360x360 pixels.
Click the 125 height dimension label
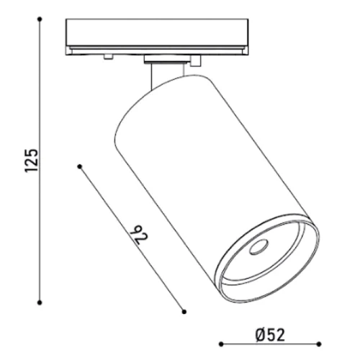(32, 161)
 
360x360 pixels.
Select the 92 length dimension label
(138, 235)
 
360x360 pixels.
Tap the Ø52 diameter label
(270, 335)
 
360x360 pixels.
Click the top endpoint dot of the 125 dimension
(40, 19)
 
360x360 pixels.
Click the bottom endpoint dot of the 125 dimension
(40, 302)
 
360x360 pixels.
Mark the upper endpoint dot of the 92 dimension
(80, 166)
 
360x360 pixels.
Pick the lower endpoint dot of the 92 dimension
(184, 312)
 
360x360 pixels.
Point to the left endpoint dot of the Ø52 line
(221, 344)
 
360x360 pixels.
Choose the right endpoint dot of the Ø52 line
(319, 344)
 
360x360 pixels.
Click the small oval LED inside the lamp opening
(258, 247)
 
